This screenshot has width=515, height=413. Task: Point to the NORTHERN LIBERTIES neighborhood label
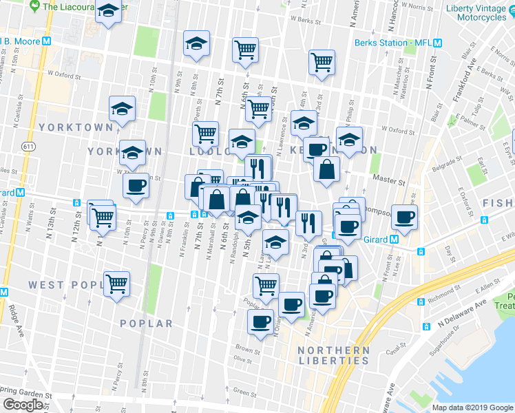pos(333,355)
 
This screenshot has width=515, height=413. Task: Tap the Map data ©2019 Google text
pos(472,407)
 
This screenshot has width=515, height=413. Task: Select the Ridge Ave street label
pos(14,311)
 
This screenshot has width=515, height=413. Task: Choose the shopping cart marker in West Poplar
pos(116,282)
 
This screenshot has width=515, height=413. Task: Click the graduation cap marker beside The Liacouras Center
pos(107,12)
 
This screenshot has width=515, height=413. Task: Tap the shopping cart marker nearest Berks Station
pos(322,62)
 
